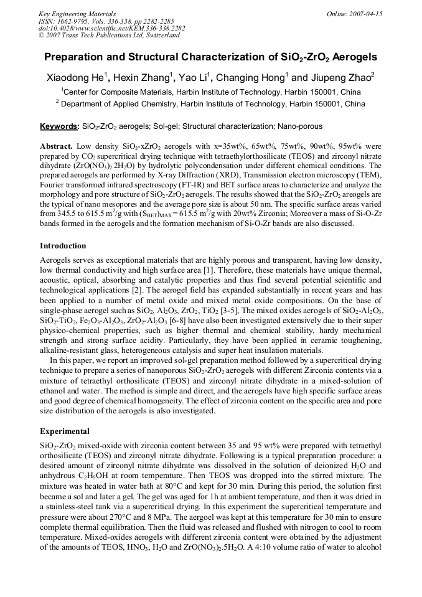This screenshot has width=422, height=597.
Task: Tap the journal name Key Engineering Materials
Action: click(78, 13)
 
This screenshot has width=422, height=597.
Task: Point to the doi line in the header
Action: click(111, 28)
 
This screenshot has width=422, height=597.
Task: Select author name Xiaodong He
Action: click(77, 78)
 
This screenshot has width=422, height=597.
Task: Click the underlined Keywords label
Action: click(59, 126)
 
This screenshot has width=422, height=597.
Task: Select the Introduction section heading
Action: click(63, 246)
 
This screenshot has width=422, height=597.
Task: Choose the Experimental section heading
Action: click(65, 431)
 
